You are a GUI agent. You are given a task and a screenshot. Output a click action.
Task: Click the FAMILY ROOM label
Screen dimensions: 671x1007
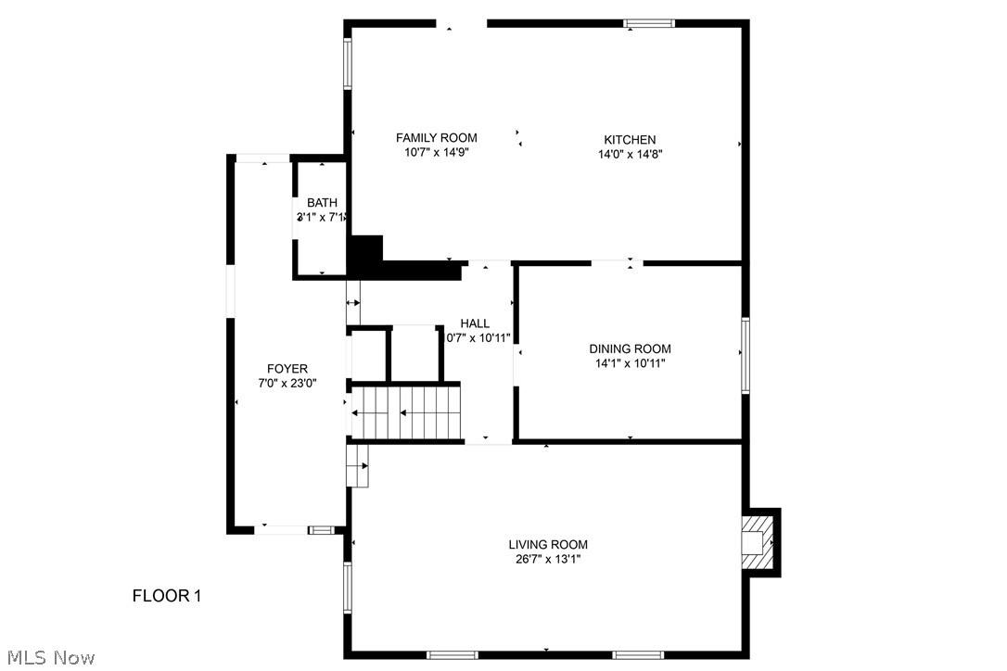pos(436,138)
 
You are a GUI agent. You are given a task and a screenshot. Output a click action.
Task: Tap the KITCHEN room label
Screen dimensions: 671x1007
pos(630,140)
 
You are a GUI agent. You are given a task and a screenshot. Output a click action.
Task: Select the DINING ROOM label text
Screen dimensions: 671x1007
pos(630,348)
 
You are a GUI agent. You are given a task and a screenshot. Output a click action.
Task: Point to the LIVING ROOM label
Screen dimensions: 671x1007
pos(547,544)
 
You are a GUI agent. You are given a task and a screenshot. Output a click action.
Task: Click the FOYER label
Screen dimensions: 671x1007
pos(287,368)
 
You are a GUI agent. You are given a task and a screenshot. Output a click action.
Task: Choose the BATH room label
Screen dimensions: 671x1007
pos(322,203)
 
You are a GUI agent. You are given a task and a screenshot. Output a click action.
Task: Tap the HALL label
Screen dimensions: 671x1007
pos(475,323)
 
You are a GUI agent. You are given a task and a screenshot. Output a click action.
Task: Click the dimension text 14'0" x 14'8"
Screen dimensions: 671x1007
pos(630,155)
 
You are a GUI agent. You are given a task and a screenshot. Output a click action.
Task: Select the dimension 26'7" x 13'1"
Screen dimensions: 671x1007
pos(547,559)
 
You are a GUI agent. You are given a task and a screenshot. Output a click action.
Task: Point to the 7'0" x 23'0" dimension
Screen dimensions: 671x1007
pos(287,383)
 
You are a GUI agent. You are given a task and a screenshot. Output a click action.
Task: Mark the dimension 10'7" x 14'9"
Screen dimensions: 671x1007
pos(436,153)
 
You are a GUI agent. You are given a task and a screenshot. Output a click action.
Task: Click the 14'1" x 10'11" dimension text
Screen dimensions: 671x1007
pos(630,363)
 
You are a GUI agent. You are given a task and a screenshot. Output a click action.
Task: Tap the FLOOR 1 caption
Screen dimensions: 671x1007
pos(166,595)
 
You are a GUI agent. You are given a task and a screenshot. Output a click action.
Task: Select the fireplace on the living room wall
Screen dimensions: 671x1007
pos(758,540)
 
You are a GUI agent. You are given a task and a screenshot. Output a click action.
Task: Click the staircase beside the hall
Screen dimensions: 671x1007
pos(406,412)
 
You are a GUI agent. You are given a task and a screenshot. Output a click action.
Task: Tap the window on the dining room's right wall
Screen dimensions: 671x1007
pos(745,356)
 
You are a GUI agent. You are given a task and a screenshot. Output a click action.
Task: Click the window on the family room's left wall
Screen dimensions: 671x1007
pos(349,63)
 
